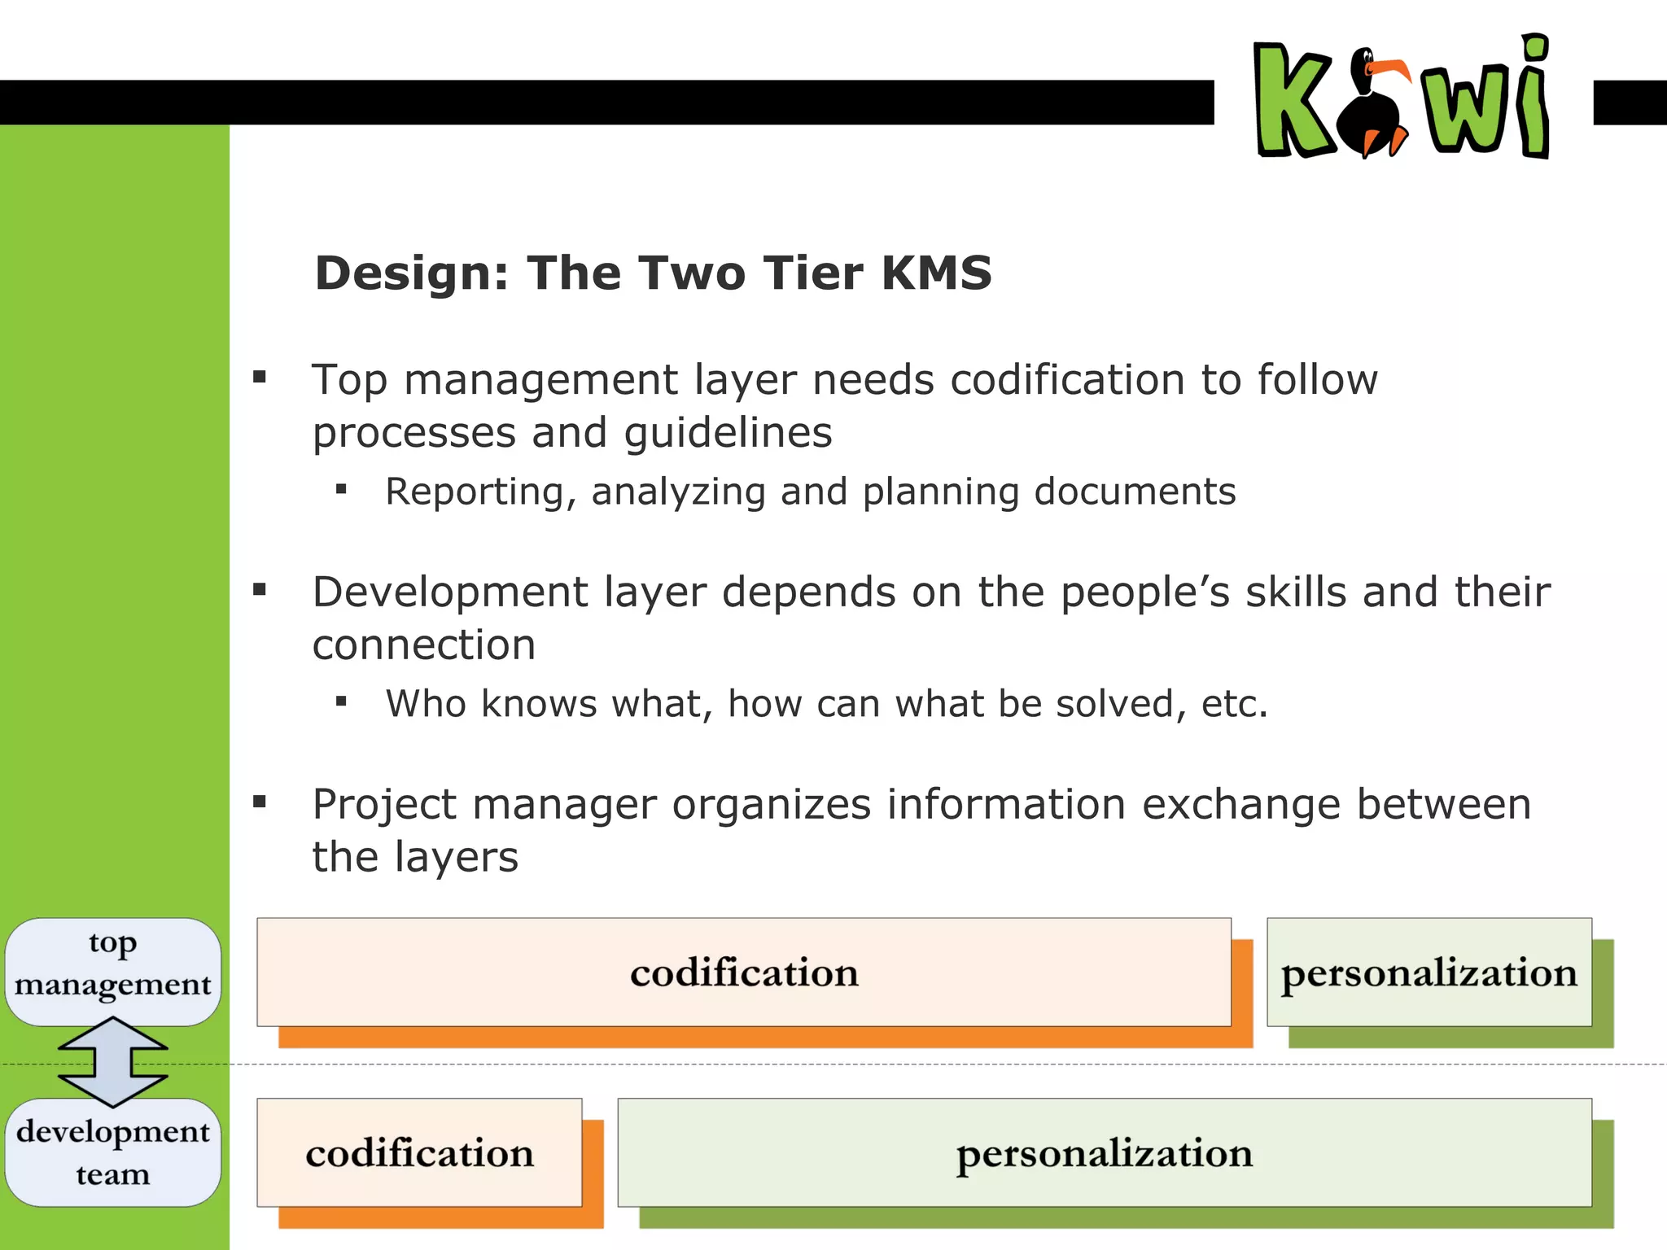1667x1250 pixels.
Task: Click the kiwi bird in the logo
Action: coord(1376,106)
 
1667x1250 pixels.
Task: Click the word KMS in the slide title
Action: coord(936,273)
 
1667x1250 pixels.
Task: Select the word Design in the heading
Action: coord(411,273)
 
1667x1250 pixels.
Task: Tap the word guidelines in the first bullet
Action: coord(728,433)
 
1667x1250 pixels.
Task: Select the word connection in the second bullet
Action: coord(424,645)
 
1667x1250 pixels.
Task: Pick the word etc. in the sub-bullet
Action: coord(1235,704)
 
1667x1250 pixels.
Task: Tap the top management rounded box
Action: coord(113,972)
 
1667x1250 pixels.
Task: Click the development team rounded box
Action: coord(113,1152)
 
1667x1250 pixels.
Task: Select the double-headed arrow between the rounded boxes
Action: coord(113,1062)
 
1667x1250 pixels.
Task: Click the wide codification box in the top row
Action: coord(744,972)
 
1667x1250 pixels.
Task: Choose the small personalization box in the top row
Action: coord(1429,972)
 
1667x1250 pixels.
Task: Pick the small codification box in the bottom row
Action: coord(419,1152)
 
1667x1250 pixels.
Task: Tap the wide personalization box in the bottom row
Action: coord(1105,1152)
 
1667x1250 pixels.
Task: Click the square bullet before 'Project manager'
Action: coord(260,802)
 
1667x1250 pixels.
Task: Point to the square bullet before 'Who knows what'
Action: coord(341,701)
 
